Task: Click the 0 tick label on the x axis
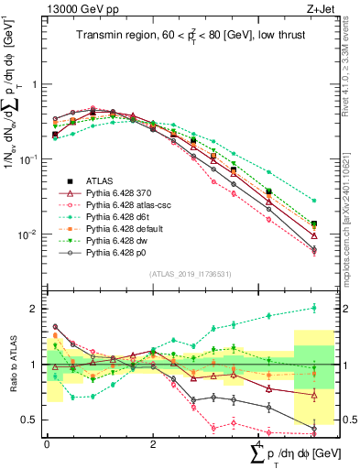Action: [47, 443]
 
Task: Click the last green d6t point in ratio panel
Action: [314, 308]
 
